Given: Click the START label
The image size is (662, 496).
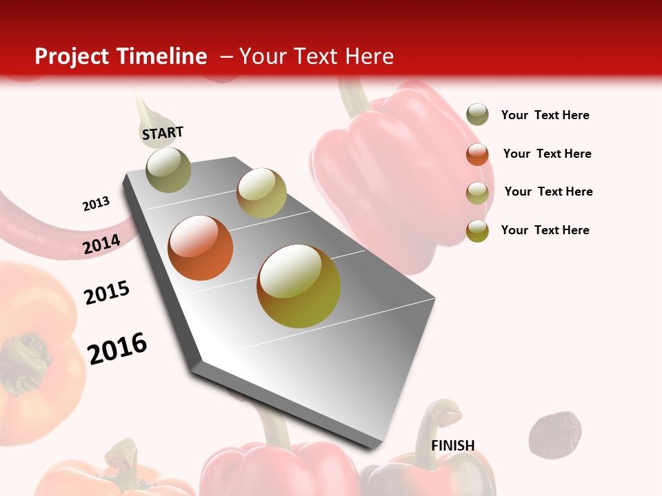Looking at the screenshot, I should [163, 133].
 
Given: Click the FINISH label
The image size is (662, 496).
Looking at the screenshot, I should [452, 446].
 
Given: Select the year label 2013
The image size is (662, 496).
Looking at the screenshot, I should [96, 204].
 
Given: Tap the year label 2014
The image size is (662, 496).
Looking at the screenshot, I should [102, 245].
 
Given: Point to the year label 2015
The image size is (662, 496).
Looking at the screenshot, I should [107, 293].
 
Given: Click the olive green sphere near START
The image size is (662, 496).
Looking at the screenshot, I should [168, 169].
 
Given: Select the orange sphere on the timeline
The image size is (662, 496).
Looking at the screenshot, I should [201, 248].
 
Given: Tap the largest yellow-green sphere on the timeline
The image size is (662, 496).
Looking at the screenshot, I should [299, 286].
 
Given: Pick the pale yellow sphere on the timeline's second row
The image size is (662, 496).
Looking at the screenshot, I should [261, 193].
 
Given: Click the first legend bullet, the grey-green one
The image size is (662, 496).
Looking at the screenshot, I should [477, 114].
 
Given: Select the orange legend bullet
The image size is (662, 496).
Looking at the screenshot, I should [477, 154].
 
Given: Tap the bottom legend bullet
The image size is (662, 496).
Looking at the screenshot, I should [477, 231].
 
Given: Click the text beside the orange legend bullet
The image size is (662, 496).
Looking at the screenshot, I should [547, 154].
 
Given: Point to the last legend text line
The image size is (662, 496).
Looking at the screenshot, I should [545, 230].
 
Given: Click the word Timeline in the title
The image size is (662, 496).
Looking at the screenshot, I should [162, 56].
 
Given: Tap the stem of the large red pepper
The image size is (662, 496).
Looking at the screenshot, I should [354, 96].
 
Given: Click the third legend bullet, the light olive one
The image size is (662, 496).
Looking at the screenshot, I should [477, 193].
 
